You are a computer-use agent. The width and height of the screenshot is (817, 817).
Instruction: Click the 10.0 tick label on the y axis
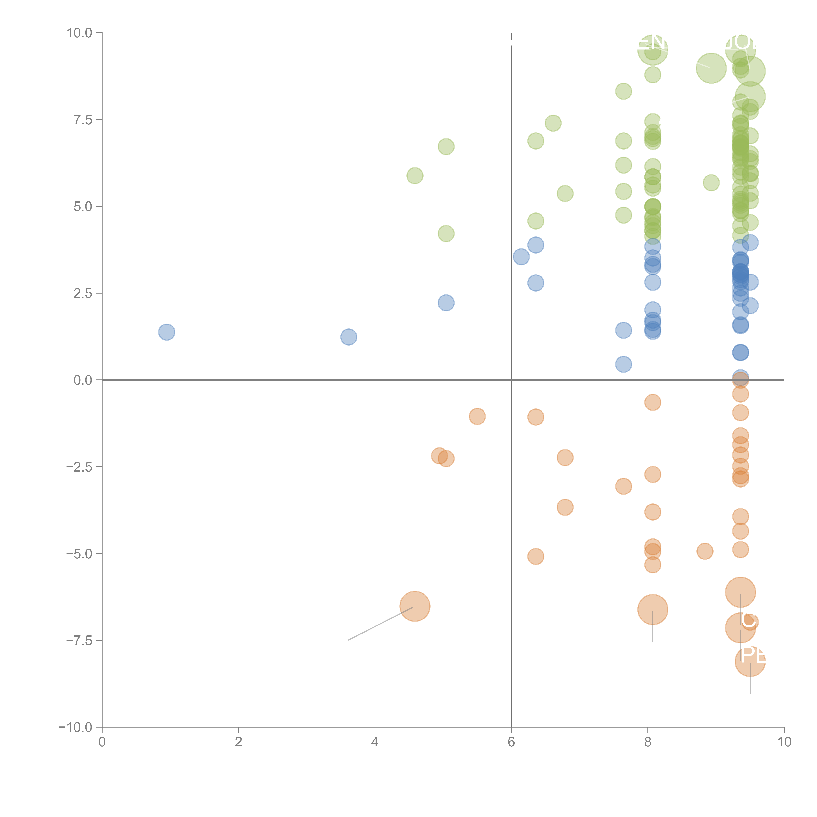click(80, 33)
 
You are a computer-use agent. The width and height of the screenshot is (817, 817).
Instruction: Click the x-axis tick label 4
click(375, 742)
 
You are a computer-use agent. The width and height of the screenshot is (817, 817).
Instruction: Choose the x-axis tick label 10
click(784, 742)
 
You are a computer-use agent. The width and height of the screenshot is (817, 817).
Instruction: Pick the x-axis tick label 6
click(511, 742)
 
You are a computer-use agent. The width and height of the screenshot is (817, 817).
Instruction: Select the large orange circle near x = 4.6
click(415, 606)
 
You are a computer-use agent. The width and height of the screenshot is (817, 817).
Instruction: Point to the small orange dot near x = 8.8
click(705, 551)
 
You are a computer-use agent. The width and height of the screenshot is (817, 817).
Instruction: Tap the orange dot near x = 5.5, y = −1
click(477, 417)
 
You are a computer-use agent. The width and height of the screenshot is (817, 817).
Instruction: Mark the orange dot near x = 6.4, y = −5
click(535, 557)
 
